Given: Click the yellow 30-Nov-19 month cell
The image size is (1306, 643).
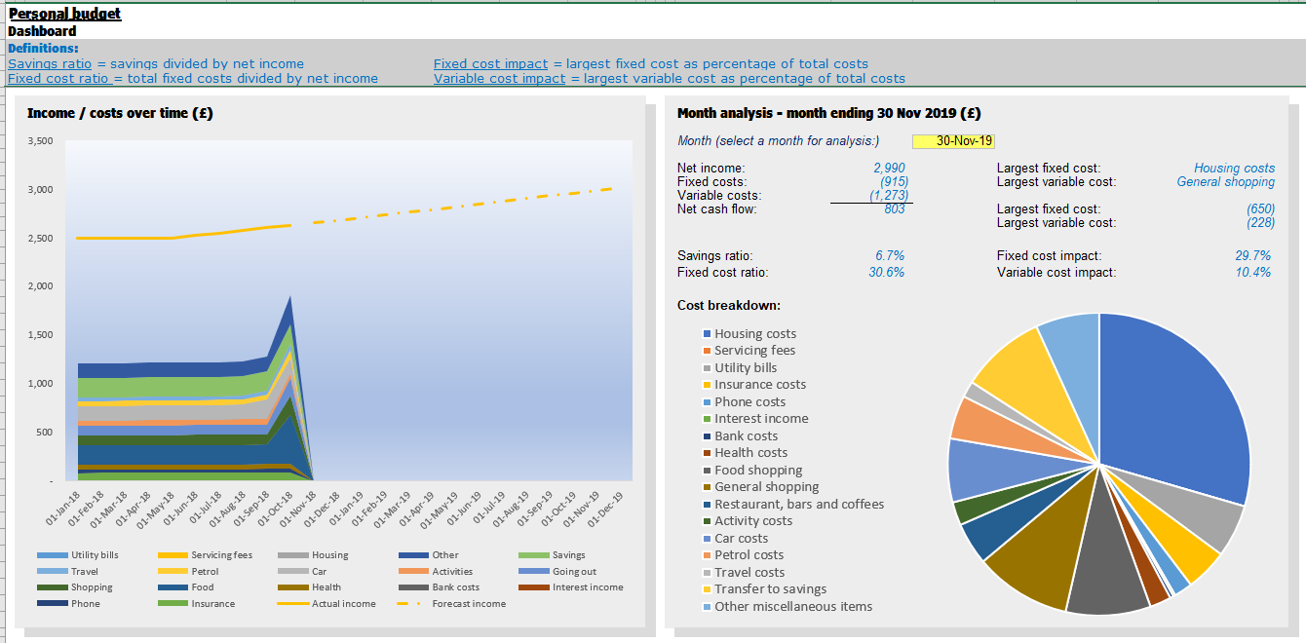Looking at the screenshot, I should click(x=953, y=141).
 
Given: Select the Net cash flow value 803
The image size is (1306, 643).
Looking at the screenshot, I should click(x=894, y=209).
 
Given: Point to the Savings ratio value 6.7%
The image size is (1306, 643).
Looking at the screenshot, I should click(x=890, y=256).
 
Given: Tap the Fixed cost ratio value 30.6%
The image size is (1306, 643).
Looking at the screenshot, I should click(x=886, y=273).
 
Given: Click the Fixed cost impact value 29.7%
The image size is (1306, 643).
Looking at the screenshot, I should click(x=1252, y=256).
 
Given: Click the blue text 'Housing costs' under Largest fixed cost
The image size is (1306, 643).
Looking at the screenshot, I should click(x=1234, y=169).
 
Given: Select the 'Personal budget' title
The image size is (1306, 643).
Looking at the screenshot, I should click(x=65, y=14).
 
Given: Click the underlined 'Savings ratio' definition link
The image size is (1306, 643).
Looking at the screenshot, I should click(x=50, y=63).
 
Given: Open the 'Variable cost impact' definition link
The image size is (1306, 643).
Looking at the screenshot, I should click(x=499, y=78).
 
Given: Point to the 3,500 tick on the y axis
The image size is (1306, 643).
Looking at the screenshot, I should click(x=39, y=141).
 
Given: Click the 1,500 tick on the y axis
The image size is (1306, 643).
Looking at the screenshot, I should click(x=39, y=335).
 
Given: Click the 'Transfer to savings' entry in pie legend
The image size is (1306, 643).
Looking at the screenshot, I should click(x=770, y=589).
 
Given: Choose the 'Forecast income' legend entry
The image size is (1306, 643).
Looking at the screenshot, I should click(x=468, y=604).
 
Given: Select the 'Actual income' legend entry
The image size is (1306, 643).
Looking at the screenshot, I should click(x=343, y=604).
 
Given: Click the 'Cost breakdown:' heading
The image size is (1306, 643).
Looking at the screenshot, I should click(x=729, y=306).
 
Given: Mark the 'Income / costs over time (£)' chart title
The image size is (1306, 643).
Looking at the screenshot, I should click(x=120, y=113).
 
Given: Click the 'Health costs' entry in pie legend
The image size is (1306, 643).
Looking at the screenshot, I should click(x=750, y=453).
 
